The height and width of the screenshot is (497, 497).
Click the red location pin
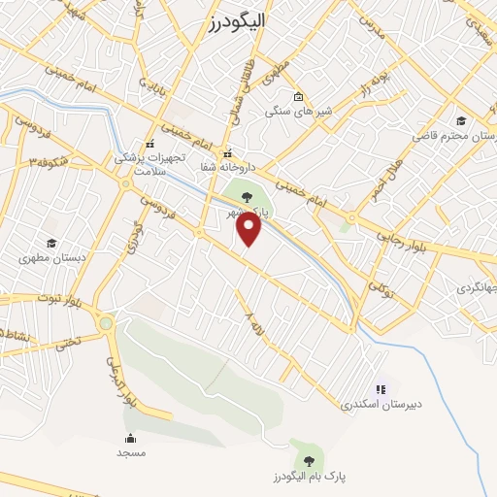click(x=249, y=228)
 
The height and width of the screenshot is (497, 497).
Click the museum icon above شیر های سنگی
click(x=298, y=96)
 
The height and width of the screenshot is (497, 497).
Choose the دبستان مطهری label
click(x=51, y=259)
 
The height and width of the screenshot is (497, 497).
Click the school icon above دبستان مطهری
click(x=51, y=243)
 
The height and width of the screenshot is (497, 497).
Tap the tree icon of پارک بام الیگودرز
click(x=309, y=460)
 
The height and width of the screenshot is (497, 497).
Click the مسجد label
click(x=130, y=452)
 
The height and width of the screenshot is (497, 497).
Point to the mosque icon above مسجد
click(x=130, y=438)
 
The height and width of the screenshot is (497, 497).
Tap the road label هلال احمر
click(x=385, y=181)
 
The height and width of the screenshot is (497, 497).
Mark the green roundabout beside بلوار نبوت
click(x=105, y=323)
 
